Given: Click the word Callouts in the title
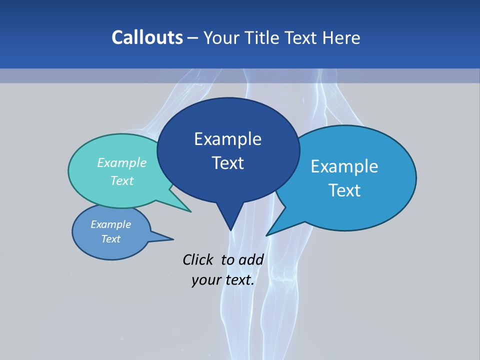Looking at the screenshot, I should point(147,37).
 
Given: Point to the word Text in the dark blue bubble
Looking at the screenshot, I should point(227,163).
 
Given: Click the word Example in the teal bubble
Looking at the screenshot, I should point(122,162).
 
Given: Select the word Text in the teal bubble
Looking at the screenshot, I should point(122,180).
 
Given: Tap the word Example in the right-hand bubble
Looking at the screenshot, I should point(344,166).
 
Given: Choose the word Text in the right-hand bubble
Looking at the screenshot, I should point(344,190).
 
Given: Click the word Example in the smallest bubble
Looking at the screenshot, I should point(110,224).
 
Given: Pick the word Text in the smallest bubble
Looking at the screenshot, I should point(110,239).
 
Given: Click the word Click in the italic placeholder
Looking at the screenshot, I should point(197,259).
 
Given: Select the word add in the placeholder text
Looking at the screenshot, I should point(250,259).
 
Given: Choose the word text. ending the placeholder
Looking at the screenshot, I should point(238,279).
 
